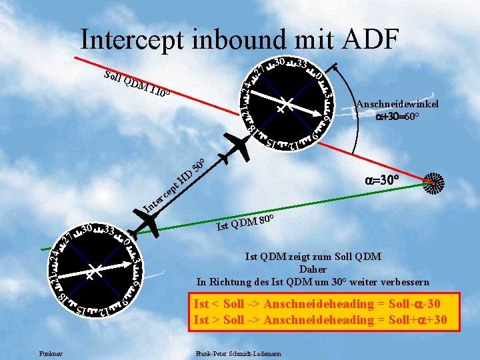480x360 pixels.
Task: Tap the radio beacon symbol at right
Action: [x=434, y=183]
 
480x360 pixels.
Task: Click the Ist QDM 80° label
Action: [x=246, y=223]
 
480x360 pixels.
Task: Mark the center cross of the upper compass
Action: [x=283, y=105]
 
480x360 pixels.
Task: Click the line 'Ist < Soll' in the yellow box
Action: [x=316, y=304]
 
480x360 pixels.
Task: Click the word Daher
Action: [x=313, y=269]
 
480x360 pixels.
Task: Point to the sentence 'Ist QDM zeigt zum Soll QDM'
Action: [x=313, y=257]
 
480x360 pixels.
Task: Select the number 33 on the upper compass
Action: [x=300, y=65]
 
